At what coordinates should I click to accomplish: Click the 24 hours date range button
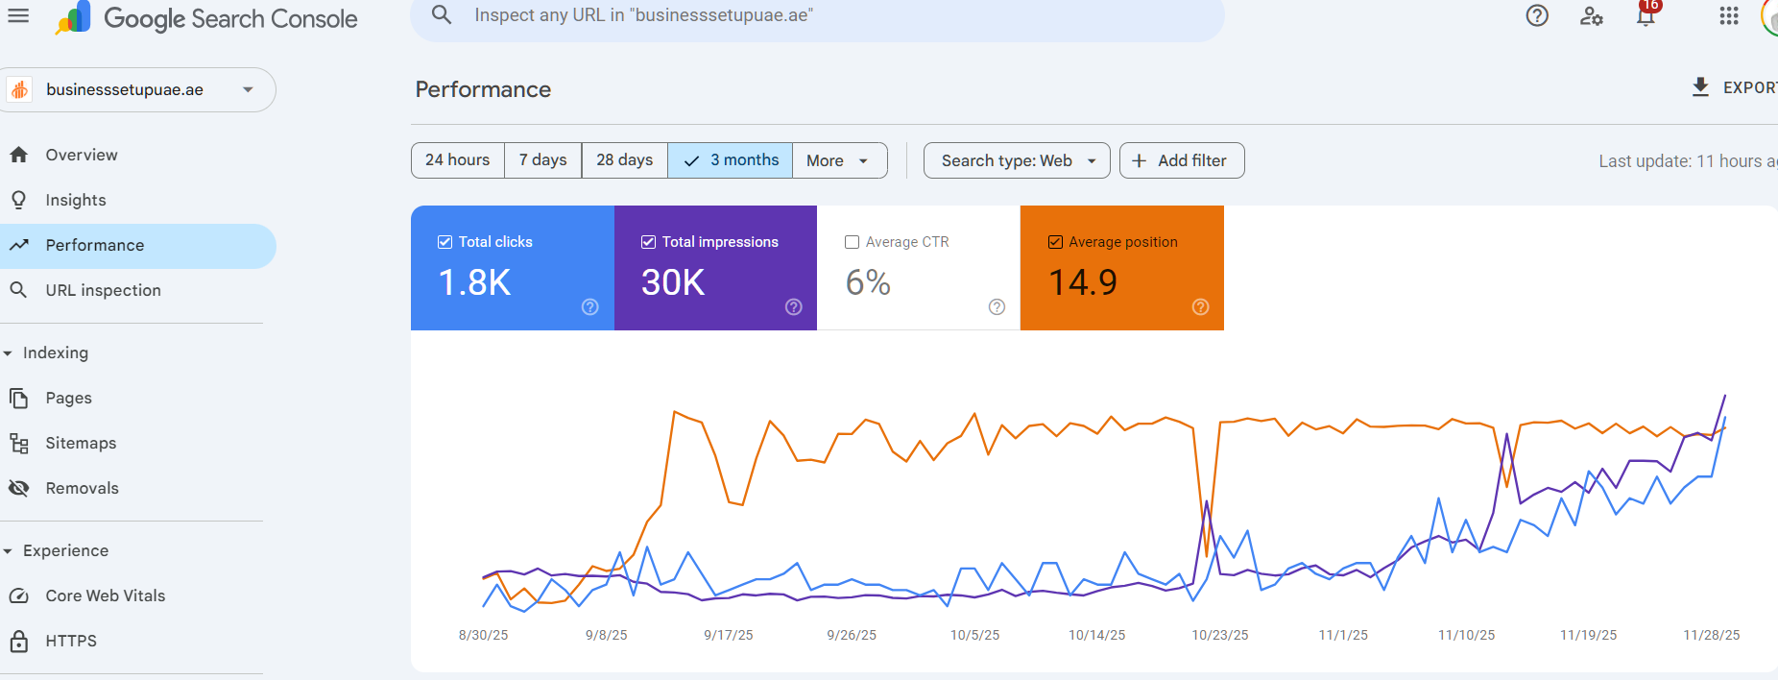point(457,160)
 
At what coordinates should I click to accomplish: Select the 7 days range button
point(542,160)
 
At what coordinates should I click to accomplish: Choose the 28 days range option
point(624,160)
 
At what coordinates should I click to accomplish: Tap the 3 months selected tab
point(731,160)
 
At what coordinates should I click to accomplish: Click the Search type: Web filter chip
point(1017,160)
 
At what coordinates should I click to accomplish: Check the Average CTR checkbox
point(852,242)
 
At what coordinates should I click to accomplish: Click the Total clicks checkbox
point(445,242)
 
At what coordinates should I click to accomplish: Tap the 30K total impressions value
point(673,282)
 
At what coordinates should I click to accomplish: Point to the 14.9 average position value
point(1083,282)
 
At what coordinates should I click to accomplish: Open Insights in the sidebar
point(76,200)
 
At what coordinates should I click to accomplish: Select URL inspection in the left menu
point(103,290)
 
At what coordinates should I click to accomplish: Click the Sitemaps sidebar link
point(81,443)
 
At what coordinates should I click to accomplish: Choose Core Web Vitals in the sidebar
point(105,595)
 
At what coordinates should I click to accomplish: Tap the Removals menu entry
point(82,488)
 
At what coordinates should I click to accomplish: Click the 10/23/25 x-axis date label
point(1220,635)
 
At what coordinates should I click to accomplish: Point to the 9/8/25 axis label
point(606,635)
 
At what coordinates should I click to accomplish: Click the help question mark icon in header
point(1537,15)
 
